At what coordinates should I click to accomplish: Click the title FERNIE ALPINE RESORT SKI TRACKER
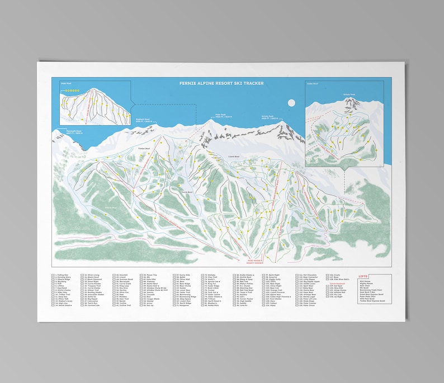(x=221, y=84)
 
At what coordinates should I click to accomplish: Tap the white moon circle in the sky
(x=290, y=102)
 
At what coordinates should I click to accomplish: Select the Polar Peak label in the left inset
(x=66, y=86)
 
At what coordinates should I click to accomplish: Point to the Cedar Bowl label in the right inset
(x=312, y=84)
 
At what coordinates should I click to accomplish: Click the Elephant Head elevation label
(x=144, y=120)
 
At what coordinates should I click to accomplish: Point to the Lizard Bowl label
(x=233, y=157)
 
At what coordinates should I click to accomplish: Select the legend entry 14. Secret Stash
(x=64, y=306)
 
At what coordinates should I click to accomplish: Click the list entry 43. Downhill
(x=122, y=275)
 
